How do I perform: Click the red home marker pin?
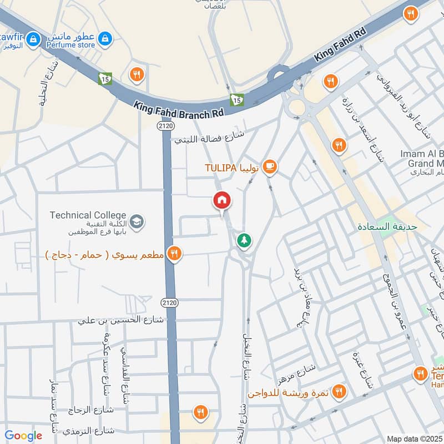tap(222, 200)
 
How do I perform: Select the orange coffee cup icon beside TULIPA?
tap(269, 166)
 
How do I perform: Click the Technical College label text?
tap(88, 215)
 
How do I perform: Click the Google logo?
tap(23, 436)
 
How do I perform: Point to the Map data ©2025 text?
tap(413, 438)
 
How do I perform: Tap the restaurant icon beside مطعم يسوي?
tap(174, 254)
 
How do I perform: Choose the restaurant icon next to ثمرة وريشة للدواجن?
tap(339, 392)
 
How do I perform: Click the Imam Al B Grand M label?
tap(422, 158)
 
